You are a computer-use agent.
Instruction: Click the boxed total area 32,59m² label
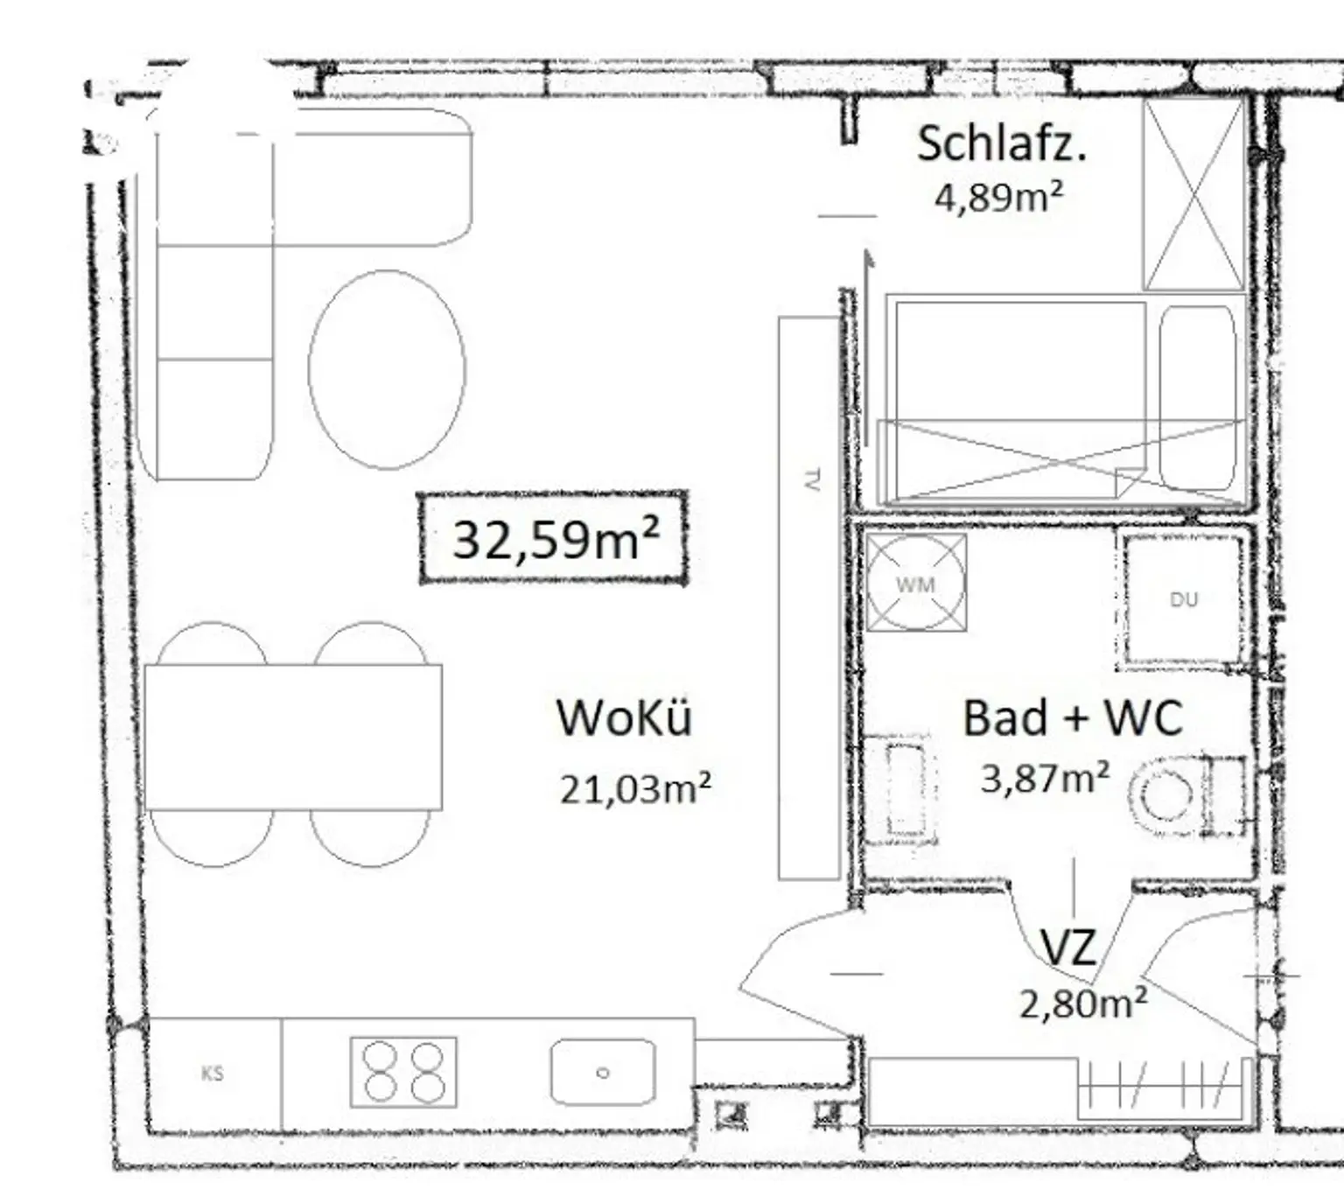pyautogui.click(x=553, y=538)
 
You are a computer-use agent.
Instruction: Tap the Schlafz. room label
pyautogui.click(x=1001, y=144)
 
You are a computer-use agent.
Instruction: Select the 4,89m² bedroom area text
pyautogui.click(x=999, y=196)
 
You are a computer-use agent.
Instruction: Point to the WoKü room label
pyautogui.click(x=624, y=717)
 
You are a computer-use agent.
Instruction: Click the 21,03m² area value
pyautogui.click(x=635, y=788)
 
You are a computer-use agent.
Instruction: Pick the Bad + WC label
pyautogui.click(x=1073, y=717)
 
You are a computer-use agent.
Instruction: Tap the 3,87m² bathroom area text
pyautogui.click(x=1045, y=778)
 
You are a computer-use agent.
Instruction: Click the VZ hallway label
pyautogui.click(x=1067, y=948)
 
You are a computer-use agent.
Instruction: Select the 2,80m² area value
pyautogui.click(x=1083, y=1004)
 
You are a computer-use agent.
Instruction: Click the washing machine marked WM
pyautogui.click(x=916, y=583)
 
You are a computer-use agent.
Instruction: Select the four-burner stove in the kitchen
pyautogui.click(x=403, y=1073)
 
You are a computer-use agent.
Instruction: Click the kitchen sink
pyautogui.click(x=602, y=1073)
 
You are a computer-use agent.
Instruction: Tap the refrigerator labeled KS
pyautogui.click(x=213, y=1074)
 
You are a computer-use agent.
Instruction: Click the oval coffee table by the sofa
pyautogui.click(x=388, y=369)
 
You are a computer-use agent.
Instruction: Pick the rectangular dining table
pyautogui.click(x=293, y=737)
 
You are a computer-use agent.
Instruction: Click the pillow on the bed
pyautogui.click(x=1197, y=397)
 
